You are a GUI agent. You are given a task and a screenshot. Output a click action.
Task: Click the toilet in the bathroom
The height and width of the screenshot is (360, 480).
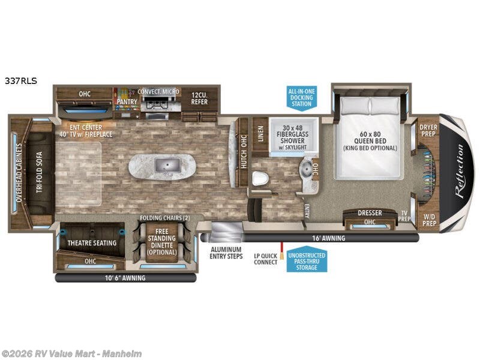coord(260,179)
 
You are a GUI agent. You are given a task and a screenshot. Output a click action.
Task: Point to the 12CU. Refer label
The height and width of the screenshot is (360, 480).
coord(199,98)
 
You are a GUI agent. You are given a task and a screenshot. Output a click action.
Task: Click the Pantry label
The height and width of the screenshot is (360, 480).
coord(127,101)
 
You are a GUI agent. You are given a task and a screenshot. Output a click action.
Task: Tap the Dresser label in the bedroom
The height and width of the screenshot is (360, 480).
coord(370,213)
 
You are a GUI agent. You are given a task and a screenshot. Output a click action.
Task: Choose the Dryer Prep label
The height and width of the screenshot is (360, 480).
coord(428,130)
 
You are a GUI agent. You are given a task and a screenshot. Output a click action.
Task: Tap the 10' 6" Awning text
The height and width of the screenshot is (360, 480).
coord(125,278)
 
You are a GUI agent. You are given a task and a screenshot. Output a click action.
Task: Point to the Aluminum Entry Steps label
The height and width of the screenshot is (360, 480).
coord(225,253)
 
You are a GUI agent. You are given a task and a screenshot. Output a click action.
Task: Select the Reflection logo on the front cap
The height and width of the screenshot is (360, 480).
coord(459,173)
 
